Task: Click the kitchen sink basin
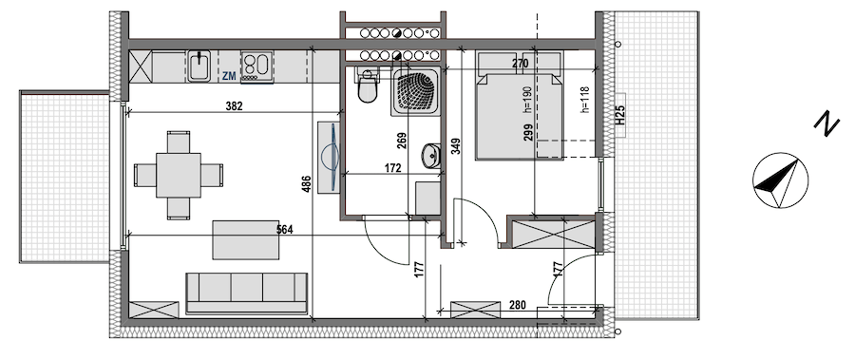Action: tap(199, 66)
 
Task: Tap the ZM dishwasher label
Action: tap(229, 76)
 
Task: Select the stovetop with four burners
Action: tap(256, 66)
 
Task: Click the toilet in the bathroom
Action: tap(368, 87)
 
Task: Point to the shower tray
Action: tap(414, 91)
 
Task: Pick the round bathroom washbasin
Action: tap(430, 157)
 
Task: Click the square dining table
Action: tap(179, 175)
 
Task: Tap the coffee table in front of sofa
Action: tap(246, 239)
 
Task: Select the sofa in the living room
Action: tap(246, 294)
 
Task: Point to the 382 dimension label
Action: tap(234, 106)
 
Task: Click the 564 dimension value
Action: tap(284, 230)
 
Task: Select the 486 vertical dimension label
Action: tap(306, 185)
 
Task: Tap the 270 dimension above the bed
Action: tap(521, 64)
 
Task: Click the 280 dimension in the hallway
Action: tap(518, 305)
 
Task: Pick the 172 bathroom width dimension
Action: tap(392, 168)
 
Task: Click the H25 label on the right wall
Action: tap(620, 116)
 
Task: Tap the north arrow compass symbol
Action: tap(780, 180)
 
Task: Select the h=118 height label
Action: tap(585, 100)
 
